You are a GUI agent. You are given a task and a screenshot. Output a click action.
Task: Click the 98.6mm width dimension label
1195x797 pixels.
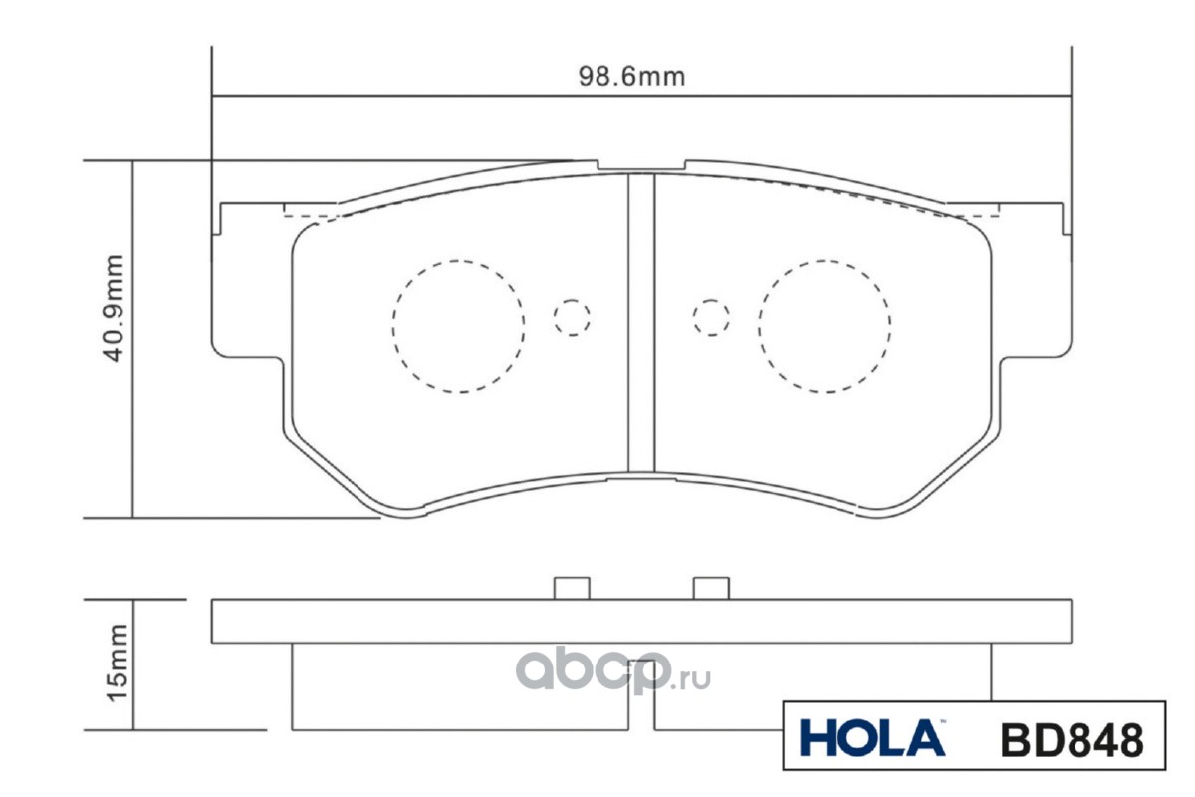631,77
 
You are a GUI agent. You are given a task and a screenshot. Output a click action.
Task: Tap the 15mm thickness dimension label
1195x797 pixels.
117,661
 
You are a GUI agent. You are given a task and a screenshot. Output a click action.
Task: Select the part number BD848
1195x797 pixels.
1070,738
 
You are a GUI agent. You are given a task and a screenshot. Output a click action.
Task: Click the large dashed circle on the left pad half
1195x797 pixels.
458,326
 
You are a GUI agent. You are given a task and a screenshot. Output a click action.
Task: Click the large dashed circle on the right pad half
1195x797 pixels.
824,326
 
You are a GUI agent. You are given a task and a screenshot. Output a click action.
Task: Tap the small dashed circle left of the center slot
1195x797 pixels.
572,317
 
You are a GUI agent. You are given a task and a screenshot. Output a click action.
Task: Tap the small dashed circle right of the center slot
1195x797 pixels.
711,317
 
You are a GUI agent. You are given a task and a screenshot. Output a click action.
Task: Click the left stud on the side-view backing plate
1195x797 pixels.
572,588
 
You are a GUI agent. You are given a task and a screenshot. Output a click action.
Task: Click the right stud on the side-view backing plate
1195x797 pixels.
711,588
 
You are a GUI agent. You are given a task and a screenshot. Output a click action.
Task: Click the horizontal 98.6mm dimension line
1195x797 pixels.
398,98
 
